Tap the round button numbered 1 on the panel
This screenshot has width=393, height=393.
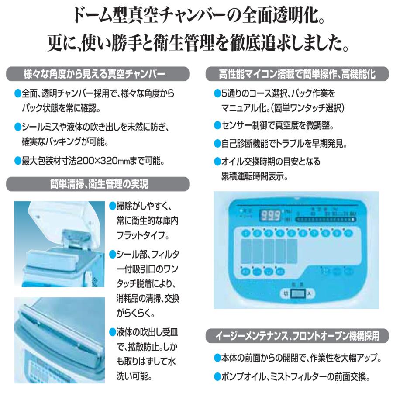click(247, 233)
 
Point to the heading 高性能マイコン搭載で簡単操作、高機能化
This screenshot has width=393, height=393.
click(297, 74)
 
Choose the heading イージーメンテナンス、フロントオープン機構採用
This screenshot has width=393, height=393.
click(297, 336)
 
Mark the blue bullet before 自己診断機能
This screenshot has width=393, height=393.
click(217, 143)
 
